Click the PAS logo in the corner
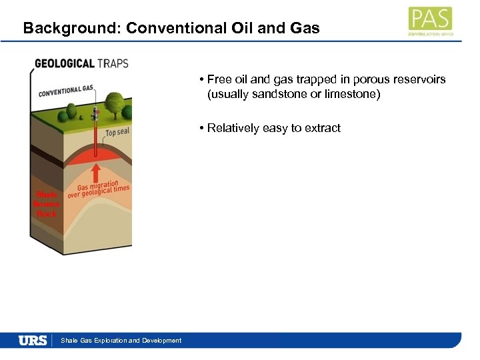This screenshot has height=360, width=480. tap(429, 20)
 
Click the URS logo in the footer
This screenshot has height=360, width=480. tap(33, 340)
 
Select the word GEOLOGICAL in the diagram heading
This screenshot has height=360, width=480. tap(65, 64)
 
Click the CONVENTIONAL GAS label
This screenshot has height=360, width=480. tap(66, 90)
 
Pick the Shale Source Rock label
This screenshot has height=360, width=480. tap(47, 204)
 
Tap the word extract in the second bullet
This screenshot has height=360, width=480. tap(323, 128)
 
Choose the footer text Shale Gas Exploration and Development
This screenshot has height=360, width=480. tap(121, 341)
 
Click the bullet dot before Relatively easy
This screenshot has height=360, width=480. tap(201, 128)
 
